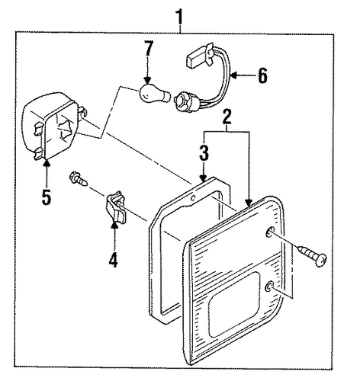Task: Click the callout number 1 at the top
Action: [180, 16]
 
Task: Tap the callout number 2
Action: [227, 117]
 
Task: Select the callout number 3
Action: [204, 153]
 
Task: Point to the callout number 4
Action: [114, 260]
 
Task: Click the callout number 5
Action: [47, 197]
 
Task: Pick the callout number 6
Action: [262, 75]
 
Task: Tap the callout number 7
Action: [149, 48]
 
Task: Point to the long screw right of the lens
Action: [312, 256]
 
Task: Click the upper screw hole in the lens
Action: [269, 232]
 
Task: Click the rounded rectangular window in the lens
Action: [233, 305]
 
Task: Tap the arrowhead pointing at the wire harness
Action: [234, 75]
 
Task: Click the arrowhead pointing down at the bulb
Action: [147, 81]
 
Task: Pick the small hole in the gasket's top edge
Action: [193, 197]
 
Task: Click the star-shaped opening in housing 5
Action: [65, 129]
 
